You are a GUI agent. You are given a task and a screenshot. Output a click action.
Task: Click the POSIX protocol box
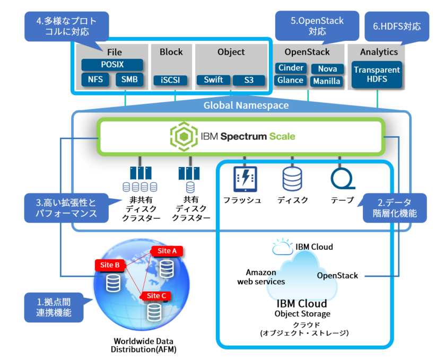[112, 65]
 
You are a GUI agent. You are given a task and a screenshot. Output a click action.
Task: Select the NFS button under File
[95, 80]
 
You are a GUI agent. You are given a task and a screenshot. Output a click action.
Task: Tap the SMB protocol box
[129, 80]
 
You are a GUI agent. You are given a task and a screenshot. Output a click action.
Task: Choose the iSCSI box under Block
[171, 81]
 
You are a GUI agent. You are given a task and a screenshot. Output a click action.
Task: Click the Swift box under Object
[214, 80]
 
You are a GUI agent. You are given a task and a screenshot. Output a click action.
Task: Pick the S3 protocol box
[249, 81]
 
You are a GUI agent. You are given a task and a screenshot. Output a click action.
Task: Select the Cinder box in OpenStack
[291, 68]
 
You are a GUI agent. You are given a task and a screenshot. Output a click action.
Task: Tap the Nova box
[327, 69]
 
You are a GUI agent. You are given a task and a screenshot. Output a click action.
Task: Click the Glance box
[290, 81]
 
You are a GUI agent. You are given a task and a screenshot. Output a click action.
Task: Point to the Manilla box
[327, 82]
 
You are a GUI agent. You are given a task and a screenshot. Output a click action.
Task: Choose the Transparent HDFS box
[377, 75]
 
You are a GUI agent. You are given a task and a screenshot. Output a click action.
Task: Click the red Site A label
[167, 251]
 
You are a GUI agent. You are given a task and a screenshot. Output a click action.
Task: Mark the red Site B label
[110, 264]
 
